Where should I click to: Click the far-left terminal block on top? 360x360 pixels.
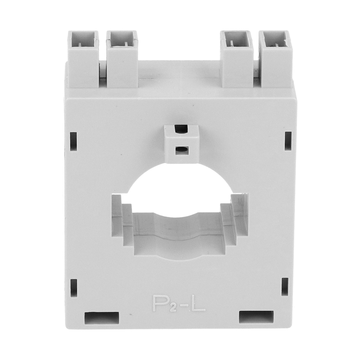click(83, 59)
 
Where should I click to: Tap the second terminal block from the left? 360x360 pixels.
click(122, 59)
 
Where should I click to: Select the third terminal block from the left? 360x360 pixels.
click(237, 59)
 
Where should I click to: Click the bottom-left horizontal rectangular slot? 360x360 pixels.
click(102, 318)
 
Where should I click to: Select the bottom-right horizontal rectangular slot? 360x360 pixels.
click(256, 317)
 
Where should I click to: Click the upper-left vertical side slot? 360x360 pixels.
click(73, 141)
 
